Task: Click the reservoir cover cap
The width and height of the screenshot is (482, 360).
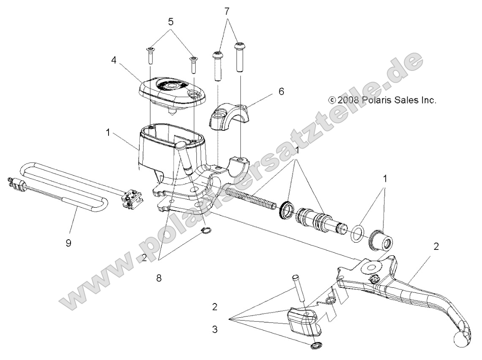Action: click(169, 88)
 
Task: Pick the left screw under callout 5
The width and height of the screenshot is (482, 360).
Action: click(150, 56)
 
